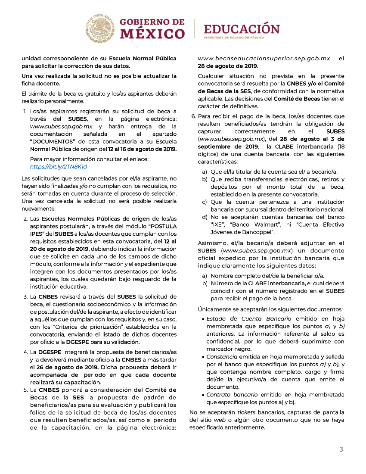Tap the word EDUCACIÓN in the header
pos(242,29)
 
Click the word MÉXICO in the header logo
pos(152,34)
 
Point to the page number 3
pos(341,449)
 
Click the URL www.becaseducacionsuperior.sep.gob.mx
pos(264,58)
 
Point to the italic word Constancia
pos(222,357)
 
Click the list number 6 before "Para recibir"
pos(193,116)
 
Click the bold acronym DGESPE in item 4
pos(49,352)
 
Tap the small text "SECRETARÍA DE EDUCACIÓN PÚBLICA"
pos(240,38)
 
